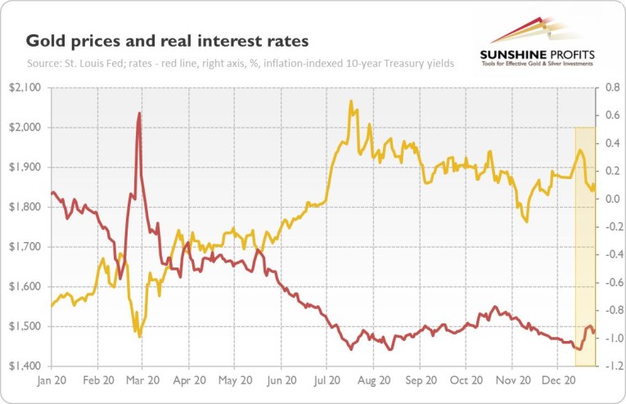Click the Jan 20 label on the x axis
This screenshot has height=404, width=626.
pyautogui.click(x=51, y=380)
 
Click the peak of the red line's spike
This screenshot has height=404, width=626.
pyautogui.click(x=140, y=114)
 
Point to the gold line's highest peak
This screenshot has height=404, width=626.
pyautogui.click(x=351, y=101)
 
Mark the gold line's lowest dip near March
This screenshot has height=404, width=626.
pyautogui.click(x=140, y=336)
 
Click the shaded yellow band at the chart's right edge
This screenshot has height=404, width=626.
pyautogui.click(x=585, y=245)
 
